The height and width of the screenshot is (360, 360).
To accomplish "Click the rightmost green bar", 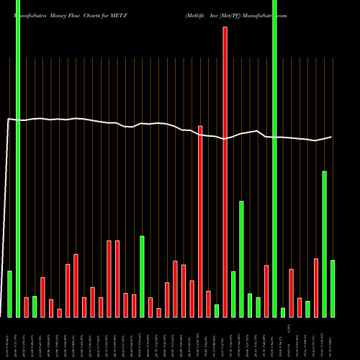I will (x=333, y=288).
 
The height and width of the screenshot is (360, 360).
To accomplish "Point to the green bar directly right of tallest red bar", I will (x=233, y=294).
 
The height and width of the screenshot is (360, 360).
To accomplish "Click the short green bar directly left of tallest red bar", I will (x=217, y=310).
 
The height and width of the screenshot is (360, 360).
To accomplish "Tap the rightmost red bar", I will (x=316, y=287).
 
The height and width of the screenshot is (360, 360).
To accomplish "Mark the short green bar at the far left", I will (x=9, y=293).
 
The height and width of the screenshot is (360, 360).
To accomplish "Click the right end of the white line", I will (x=332, y=137).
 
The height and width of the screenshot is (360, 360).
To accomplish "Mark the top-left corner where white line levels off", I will (x=9, y=120).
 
